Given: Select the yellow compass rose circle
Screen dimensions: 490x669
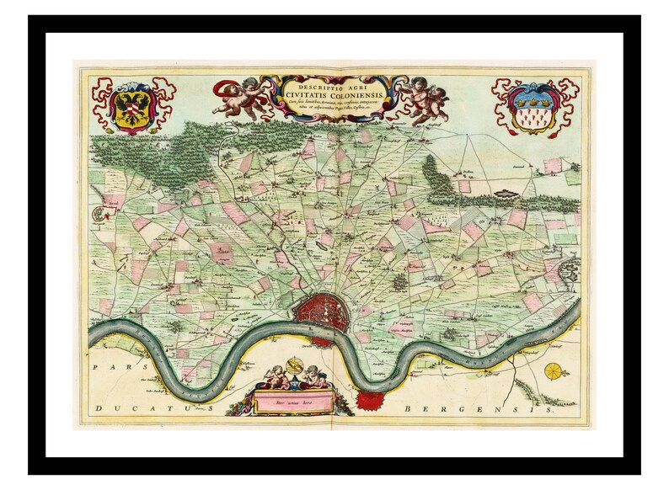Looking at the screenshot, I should [x=554, y=371].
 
